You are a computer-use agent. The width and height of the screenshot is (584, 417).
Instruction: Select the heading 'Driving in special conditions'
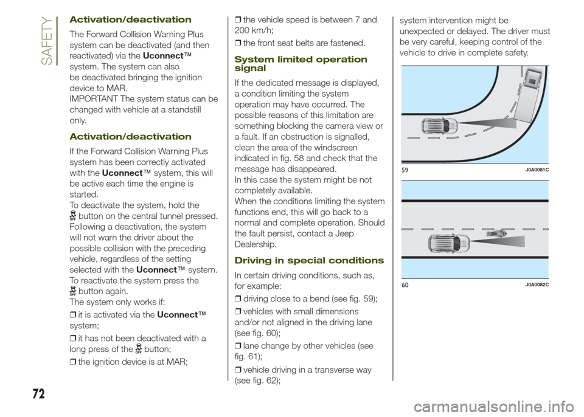point(309,260)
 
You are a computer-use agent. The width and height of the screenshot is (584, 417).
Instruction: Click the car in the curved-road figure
point(439,126)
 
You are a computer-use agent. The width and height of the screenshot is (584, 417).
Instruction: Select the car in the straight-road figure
point(449,243)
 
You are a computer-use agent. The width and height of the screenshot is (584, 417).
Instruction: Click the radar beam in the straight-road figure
point(505,244)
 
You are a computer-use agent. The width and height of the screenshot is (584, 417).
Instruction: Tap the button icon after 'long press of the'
point(138,348)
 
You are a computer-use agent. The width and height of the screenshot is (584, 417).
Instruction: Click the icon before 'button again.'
point(73,291)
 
